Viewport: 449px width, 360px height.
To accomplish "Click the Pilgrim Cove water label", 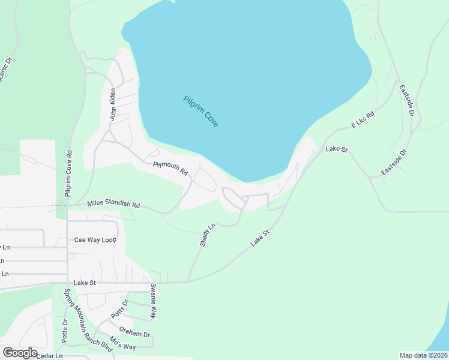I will coord(201,111).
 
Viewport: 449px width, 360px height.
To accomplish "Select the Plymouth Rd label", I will coord(170,167).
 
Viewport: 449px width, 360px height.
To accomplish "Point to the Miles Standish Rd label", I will coord(113,205).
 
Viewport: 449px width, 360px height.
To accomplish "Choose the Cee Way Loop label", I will coord(95,239).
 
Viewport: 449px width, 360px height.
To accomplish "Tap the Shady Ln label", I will coord(207,235).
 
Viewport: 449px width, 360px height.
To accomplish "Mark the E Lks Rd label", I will coord(363,119).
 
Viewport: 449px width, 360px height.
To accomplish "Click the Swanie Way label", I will coord(154,300).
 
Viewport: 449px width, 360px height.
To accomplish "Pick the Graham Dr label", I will coord(134,333).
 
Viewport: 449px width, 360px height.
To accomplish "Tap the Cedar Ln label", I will coord(49,356).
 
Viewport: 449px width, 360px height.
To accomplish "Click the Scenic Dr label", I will coord(5,70).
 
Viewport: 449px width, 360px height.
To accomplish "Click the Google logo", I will coord(20,353).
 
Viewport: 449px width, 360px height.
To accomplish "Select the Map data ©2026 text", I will coord(423,355).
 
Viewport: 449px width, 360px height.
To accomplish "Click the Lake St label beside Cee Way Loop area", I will coord(85,282).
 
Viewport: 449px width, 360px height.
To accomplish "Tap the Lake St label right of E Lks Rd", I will coord(337,148).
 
